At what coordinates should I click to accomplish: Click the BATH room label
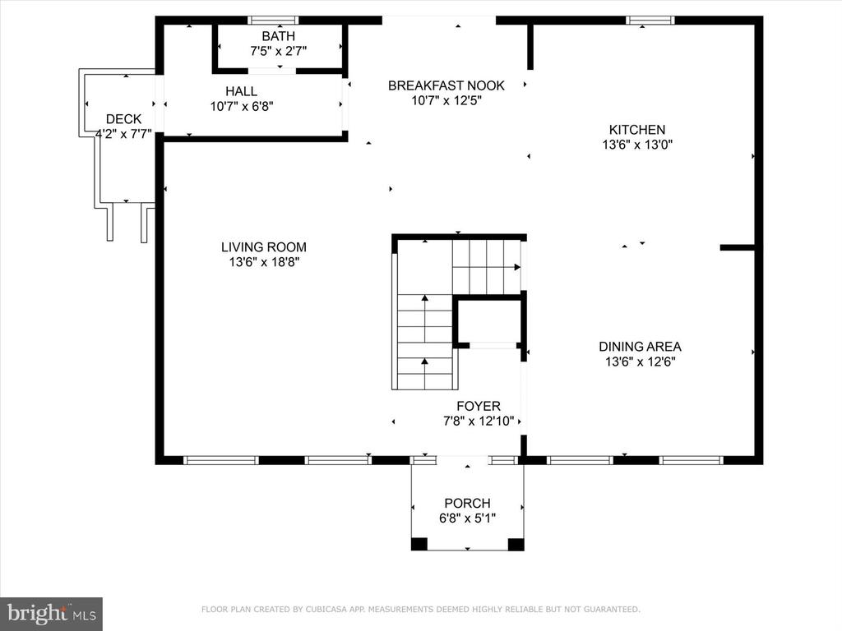(x=278, y=36)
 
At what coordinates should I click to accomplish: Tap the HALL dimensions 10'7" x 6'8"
(x=242, y=106)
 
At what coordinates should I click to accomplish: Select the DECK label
(x=123, y=119)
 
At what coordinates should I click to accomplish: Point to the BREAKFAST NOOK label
(x=446, y=85)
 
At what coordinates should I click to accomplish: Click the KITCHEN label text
(x=637, y=129)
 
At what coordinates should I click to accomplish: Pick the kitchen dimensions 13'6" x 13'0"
(x=637, y=145)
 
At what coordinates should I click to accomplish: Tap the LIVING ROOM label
(x=264, y=246)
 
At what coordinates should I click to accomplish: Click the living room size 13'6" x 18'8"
(x=264, y=262)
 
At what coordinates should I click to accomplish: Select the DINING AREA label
(x=640, y=347)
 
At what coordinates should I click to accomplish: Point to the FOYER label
(x=479, y=406)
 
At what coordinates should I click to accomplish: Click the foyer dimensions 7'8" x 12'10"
(x=479, y=421)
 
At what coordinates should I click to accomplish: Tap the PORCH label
(x=467, y=504)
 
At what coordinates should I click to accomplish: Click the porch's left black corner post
(x=419, y=544)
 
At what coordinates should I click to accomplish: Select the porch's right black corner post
(x=516, y=544)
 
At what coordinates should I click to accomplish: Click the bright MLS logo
(x=51, y=613)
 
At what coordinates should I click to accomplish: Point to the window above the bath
(x=273, y=21)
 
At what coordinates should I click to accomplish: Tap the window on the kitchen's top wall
(x=650, y=21)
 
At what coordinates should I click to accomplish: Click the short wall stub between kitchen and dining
(x=738, y=247)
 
